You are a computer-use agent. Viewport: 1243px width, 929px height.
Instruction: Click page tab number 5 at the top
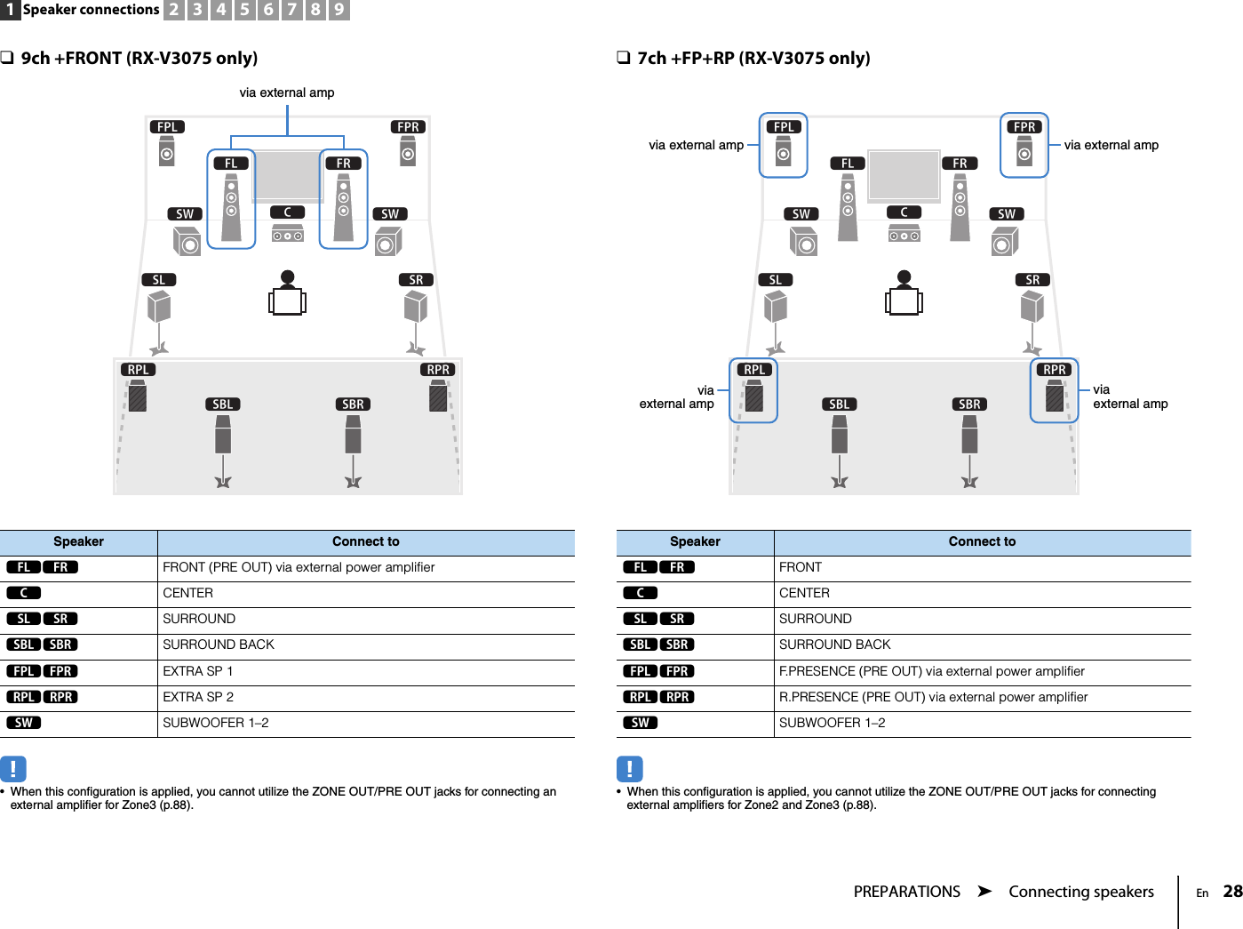point(244,10)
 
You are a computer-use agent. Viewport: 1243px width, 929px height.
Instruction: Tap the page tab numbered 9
point(339,10)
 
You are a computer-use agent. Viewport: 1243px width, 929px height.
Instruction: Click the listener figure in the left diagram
point(287,294)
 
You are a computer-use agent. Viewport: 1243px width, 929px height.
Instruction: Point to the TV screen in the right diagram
point(904,175)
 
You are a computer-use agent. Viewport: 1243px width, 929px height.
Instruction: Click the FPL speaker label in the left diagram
point(167,127)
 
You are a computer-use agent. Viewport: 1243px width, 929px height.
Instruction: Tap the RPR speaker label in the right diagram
point(1054,370)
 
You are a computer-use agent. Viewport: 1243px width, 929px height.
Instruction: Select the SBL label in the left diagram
point(222,404)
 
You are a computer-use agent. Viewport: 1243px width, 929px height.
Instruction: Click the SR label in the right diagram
point(1032,280)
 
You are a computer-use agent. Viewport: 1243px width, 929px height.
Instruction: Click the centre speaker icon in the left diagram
point(287,235)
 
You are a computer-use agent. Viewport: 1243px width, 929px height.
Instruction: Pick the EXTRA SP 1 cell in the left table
point(198,671)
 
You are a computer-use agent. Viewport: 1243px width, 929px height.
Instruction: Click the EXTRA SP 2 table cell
point(198,697)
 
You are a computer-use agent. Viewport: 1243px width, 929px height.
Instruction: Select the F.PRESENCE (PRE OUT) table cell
point(931,671)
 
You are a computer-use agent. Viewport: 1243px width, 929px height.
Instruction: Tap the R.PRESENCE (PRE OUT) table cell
point(933,697)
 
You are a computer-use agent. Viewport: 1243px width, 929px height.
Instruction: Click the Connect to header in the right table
point(982,541)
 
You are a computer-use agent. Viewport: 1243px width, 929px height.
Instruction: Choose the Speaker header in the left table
point(78,541)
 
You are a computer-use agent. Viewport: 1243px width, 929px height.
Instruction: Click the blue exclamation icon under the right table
point(629,768)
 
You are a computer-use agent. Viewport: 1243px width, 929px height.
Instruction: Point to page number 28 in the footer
point(1232,891)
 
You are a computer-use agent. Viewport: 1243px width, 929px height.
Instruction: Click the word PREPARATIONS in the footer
point(906,892)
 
